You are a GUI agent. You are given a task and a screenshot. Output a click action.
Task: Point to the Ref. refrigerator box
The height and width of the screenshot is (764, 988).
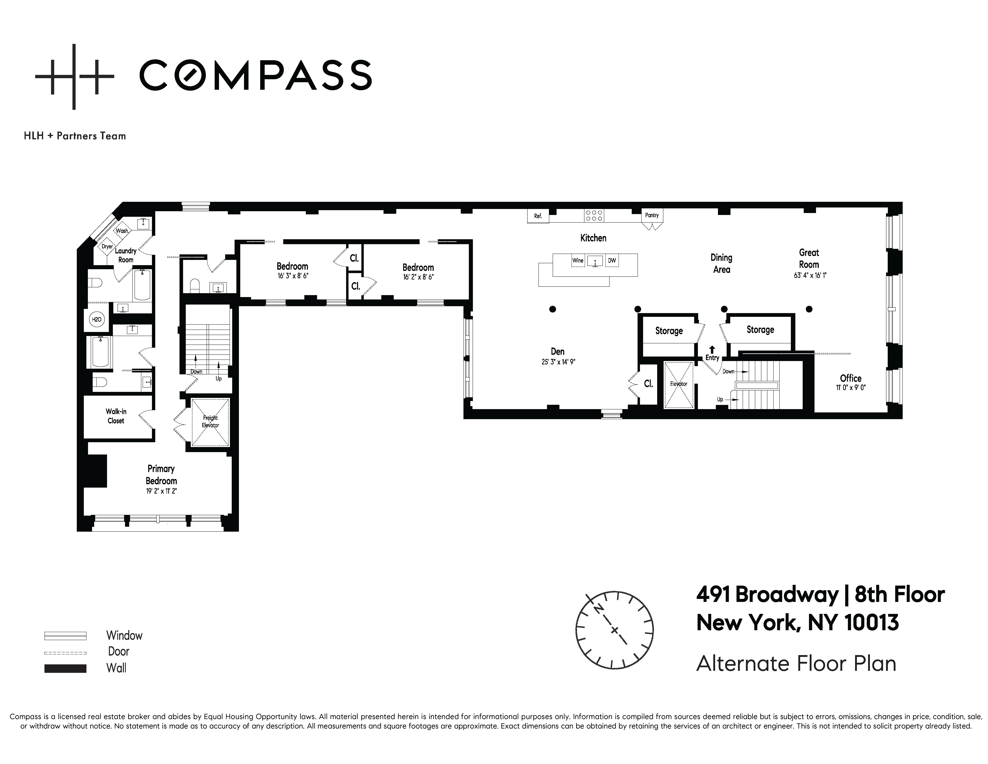tap(538, 216)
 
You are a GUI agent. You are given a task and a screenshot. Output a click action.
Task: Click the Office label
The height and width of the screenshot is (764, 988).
tap(850, 378)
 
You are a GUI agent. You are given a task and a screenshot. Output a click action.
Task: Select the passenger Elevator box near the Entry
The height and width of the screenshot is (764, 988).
tap(679, 385)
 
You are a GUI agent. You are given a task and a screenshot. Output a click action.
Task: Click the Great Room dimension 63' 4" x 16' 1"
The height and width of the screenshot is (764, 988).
tap(810, 275)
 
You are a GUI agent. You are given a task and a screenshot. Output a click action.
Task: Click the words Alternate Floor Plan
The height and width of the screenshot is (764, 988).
tap(796, 664)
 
